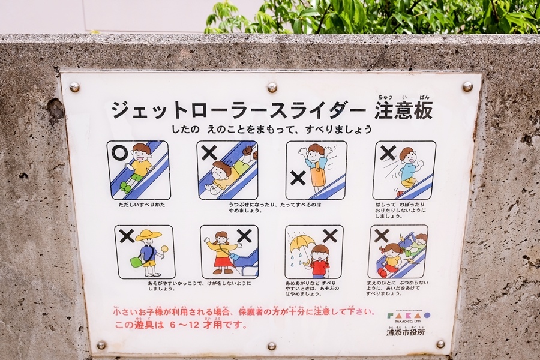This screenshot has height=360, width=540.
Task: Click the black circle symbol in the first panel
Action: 119,153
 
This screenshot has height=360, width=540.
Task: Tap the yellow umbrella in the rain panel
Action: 302,243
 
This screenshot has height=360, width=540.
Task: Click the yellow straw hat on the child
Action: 148,235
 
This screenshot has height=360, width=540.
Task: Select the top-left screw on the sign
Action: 74,87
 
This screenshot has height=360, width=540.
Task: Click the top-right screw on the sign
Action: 467,86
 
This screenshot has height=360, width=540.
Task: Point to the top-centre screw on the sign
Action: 272,87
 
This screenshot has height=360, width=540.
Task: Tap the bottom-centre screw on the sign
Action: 272,346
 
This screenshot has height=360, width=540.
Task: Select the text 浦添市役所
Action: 405,332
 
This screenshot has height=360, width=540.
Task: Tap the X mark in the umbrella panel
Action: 329,235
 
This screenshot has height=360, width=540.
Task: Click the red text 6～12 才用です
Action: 180,325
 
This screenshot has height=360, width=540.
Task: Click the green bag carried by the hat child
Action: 137,262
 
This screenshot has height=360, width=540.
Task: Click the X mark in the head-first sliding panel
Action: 209,152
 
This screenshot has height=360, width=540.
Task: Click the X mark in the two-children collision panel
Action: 382,235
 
